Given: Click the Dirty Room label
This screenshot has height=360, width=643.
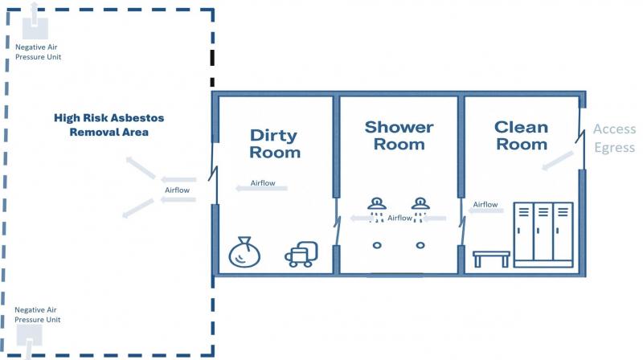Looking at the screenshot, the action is tap(275, 144).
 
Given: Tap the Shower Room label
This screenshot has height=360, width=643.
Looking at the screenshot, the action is tap(399, 136).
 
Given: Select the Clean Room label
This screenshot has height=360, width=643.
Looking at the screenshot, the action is tap(521, 136).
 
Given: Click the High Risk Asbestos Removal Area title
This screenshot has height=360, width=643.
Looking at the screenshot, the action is tap(109, 125).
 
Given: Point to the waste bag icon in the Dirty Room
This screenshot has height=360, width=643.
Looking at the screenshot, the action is tap(244, 252).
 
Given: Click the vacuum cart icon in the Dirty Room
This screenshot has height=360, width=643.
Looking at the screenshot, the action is tap(301, 254).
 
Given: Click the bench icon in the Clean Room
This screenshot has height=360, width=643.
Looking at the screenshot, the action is tap(491, 259).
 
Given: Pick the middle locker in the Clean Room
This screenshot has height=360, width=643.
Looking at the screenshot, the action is tap(543, 231).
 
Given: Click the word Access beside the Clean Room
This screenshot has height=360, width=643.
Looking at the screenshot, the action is tap(614, 129).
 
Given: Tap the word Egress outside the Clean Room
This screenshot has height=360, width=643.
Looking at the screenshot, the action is tap(615, 148).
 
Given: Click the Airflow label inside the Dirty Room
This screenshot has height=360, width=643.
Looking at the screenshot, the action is tap(263, 183).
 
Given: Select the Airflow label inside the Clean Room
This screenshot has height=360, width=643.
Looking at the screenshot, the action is tap(485, 204).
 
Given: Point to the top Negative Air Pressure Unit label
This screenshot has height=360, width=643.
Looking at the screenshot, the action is tap(38, 52).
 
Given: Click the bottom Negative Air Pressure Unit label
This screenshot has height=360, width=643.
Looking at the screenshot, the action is tap(37, 314).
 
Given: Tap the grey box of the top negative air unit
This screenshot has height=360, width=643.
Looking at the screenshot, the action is tap(35, 29).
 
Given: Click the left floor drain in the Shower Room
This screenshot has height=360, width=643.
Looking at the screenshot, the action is tap(377, 245).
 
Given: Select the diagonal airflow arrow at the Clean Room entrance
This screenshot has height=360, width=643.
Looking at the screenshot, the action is tap(558, 161).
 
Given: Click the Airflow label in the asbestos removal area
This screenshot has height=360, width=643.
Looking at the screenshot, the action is tap(177, 190).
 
